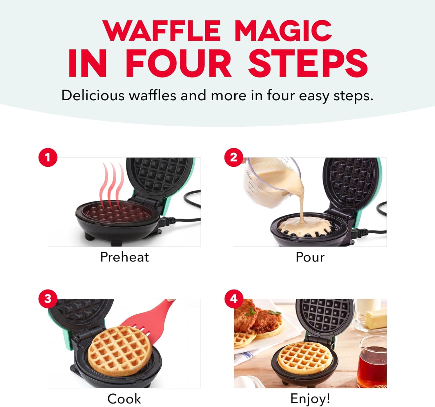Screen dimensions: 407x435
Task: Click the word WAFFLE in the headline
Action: tap(162, 31)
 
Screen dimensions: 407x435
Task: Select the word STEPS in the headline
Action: tap(308, 63)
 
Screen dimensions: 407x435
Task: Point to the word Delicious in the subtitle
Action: tap(93, 95)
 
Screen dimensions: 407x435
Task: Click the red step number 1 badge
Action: tap(48, 157)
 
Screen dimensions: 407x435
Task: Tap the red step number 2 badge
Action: tap(234, 157)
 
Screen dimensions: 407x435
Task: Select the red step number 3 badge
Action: tap(48, 299)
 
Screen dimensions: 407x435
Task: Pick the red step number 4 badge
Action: tap(234, 299)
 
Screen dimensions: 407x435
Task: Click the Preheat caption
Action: tap(124, 257)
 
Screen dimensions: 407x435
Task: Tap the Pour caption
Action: tap(310, 257)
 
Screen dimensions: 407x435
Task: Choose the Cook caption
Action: tap(124, 399)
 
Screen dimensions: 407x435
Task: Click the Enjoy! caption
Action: tap(310, 399)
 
